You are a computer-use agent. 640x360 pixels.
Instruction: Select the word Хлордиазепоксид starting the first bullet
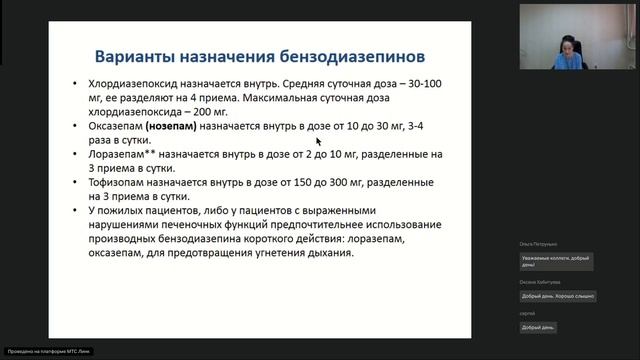click(x=135, y=86)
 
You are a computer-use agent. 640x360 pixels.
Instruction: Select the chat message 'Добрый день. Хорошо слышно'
click(x=556, y=296)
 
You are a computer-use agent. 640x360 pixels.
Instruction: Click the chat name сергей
click(x=526, y=314)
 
